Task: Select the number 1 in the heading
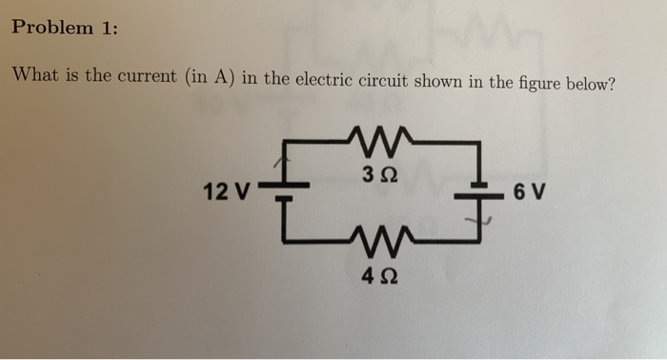[x=107, y=28]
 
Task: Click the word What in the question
[x=34, y=76]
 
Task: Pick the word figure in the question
[x=537, y=82]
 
